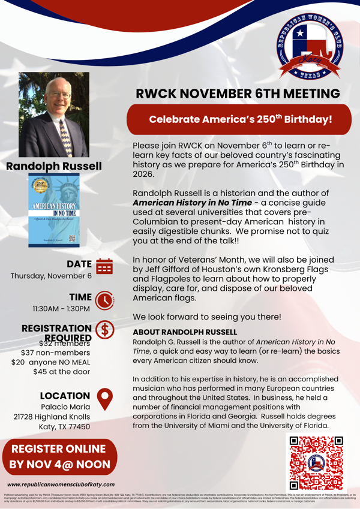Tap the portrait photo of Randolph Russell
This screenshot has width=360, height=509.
(x=54, y=115)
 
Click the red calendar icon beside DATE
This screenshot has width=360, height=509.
(x=104, y=266)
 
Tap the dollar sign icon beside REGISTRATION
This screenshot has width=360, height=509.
(x=105, y=332)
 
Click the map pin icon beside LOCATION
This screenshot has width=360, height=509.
(x=105, y=396)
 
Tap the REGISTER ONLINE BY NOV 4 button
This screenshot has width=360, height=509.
(x=60, y=457)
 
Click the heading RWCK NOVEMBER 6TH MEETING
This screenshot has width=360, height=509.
(x=238, y=94)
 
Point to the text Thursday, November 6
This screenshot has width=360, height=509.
(x=51, y=276)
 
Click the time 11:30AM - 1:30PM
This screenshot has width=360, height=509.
(x=61, y=309)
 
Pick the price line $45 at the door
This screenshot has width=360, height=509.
(x=62, y=371)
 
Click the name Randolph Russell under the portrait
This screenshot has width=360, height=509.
(x=54, y=166)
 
